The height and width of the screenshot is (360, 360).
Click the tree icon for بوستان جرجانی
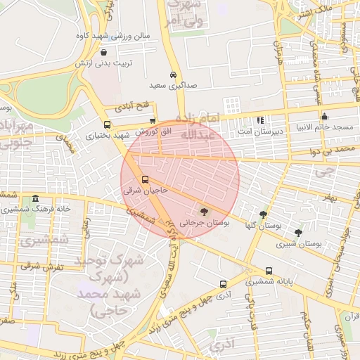pos(204,210)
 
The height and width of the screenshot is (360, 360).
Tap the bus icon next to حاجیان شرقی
pos(145,179)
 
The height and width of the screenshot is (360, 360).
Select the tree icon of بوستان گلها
pos(263,214)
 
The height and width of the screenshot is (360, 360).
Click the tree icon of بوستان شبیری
pos(298,233)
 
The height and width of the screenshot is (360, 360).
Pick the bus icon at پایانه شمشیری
pos(269,271)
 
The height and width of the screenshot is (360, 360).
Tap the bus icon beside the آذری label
pos(223,285)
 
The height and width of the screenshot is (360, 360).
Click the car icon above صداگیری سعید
pos(173,75)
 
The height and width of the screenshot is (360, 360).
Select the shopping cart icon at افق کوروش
pos(153,121)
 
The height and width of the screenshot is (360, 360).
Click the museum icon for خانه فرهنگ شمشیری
pos(36,199)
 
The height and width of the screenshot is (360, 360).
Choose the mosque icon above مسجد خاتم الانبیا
pos(324,117)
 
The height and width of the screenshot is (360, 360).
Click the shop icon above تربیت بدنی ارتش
pos(104,52)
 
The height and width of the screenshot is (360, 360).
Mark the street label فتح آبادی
pos(131,105)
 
